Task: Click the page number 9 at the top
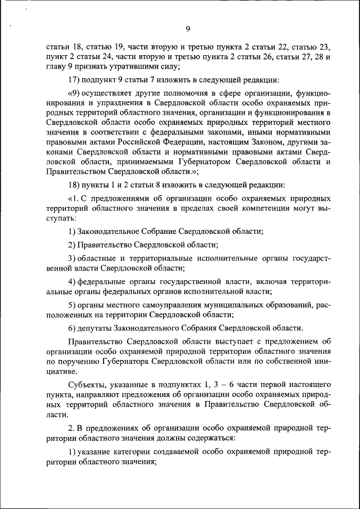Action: pyautogui.click(x=188, y=29)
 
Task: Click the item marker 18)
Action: pyautogui.click(x=75, y=184)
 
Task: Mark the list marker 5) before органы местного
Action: pyautogui.click(x=72, y=305)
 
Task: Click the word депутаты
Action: pyautogui.click(x=94, y=328)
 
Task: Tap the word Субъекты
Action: pyautogui.click(x=85, y=386)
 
